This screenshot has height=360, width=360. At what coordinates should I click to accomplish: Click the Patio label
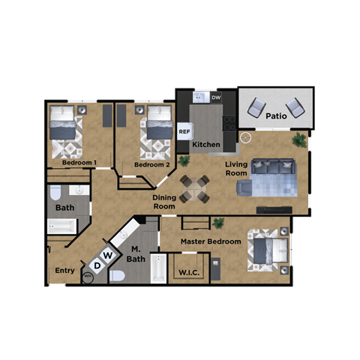[277, 116]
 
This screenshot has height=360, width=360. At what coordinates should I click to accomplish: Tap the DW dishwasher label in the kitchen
[216, 97]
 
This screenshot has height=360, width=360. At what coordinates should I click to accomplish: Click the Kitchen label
[206, 144]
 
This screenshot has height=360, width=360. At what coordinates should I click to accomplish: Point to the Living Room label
[236, 168]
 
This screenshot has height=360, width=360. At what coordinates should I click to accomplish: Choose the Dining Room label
[164, 202]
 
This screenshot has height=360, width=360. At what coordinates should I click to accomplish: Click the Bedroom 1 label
[77, 163]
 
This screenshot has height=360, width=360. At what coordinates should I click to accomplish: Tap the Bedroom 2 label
[152, 164]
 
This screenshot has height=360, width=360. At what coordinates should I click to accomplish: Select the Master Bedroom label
[211, 241]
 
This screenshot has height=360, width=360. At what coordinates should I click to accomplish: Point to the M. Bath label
[136, 254]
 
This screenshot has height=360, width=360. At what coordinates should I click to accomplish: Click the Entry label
[64, 271]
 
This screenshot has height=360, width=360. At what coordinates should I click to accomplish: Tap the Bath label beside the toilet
[65, 207]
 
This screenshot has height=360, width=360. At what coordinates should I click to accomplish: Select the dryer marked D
[97, 265]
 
